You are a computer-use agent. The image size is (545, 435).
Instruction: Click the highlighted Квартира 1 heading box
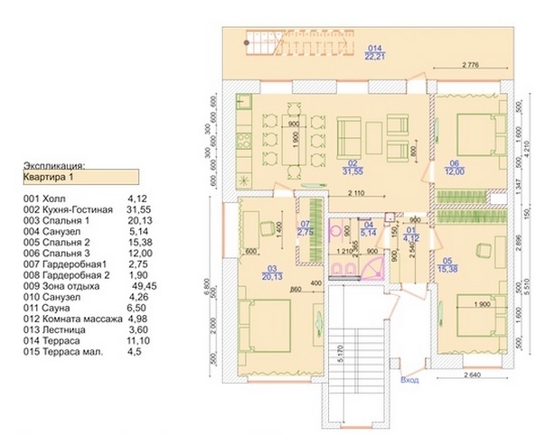[x=79, y=178]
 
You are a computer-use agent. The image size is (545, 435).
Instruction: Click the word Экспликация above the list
[x=53, y=166]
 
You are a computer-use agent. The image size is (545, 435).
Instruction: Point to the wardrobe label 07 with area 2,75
[x=305, y=228]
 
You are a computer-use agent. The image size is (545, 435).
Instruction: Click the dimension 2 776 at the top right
[x=470, y=66]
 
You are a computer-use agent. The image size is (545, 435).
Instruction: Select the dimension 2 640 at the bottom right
[x=475, y=375]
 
